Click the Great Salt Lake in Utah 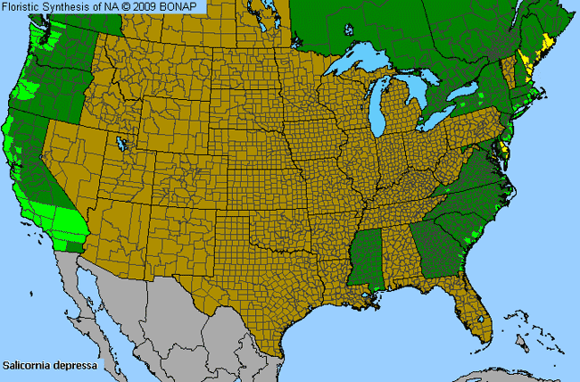119,143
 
